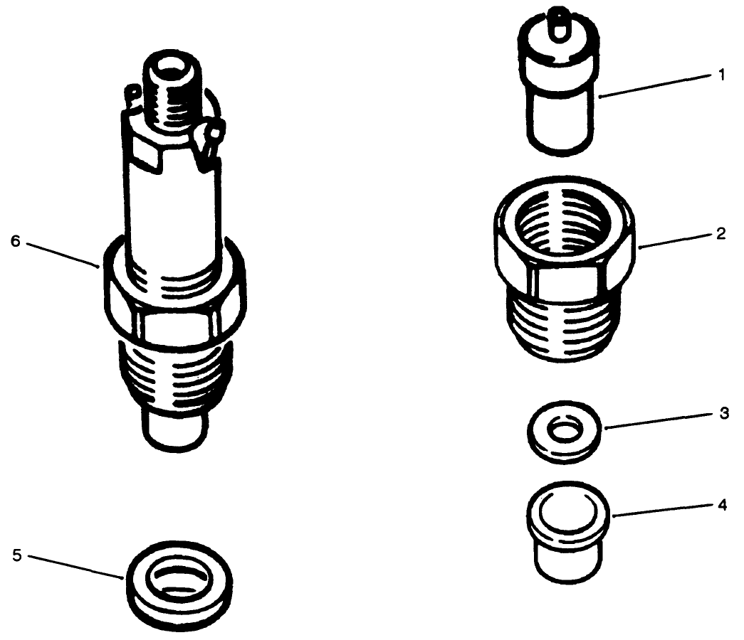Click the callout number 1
coord(722,75)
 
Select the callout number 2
coord(722,233)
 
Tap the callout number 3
coord(723,414)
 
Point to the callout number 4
coord(723,506)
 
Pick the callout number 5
coord(18,554)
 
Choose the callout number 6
coord(16,240)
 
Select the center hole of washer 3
coord(567,431)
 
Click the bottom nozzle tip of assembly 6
coord(174,430)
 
